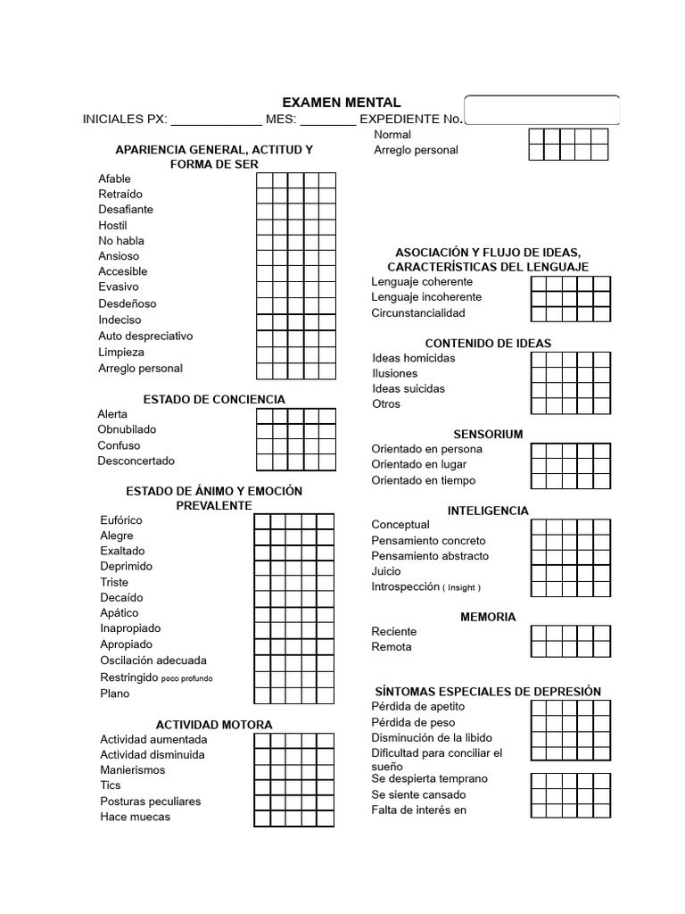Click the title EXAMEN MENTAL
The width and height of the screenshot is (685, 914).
(x=342, y=103)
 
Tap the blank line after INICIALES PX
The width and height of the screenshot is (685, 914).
(x=215, y=120)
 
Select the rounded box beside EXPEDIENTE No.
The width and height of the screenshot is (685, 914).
(x=541, y=109)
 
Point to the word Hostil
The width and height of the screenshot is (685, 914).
(x=112, y=225)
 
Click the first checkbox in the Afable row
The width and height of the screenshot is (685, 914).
(x=265, y=179)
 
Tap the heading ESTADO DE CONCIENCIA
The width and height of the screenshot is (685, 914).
(x=214, y=399)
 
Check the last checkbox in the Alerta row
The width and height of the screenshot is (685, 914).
(x=327, y=415)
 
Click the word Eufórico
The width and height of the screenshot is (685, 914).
(x=121, y=519)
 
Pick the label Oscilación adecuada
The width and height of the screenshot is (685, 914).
(x=153, y=661)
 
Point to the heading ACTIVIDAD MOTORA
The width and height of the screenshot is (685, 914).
(x=214, y=724)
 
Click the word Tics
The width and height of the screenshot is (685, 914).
(x=111, y=785)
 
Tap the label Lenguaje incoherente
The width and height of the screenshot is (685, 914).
(x=426, y=296)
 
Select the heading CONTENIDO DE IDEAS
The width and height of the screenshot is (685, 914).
(x=488, y=343)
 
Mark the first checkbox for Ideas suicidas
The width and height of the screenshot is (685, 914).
(x=539, y=390)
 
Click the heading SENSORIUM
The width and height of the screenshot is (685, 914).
(x=488, y=434)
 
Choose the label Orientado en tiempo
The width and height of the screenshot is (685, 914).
(x=424, y=480)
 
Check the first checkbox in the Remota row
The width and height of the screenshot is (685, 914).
(x=539, y=649)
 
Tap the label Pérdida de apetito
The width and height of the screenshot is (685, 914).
(x=418, y=706)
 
